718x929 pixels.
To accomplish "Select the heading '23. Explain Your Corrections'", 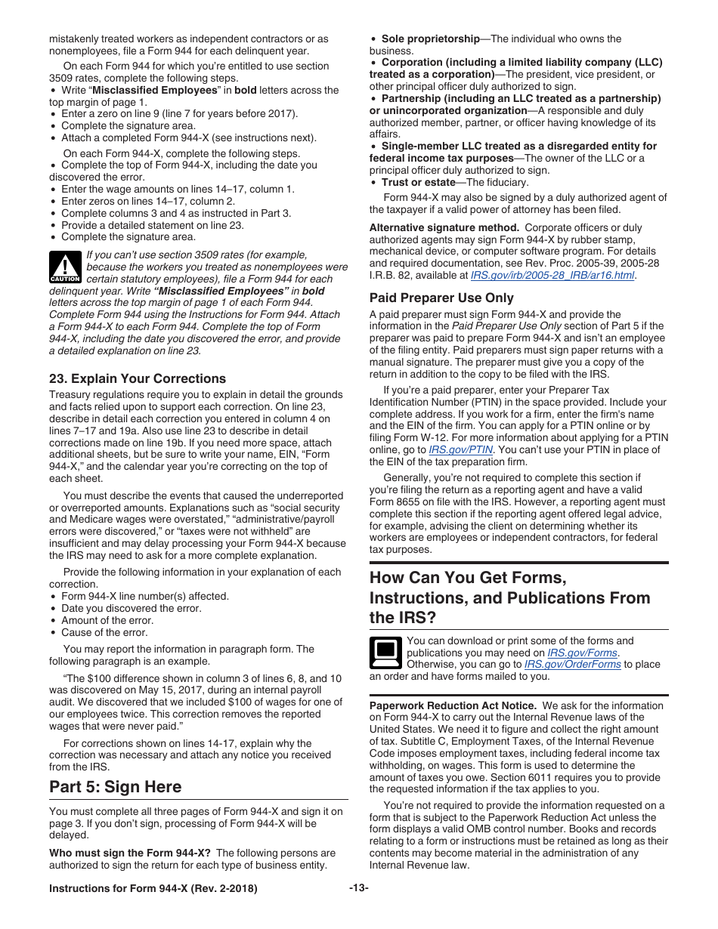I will (138, 378).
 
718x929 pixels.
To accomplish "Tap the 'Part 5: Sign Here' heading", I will (116, 786).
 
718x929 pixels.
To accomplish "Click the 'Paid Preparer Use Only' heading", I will (441, 298).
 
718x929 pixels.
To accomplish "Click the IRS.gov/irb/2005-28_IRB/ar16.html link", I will (552, 276).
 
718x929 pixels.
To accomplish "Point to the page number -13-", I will (359, 887).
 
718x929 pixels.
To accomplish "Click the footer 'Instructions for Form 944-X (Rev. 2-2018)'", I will (153, 888).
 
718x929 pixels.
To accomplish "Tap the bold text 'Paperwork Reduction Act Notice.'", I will (453, 705).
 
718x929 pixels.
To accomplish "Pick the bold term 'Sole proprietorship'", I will (430, 39).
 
